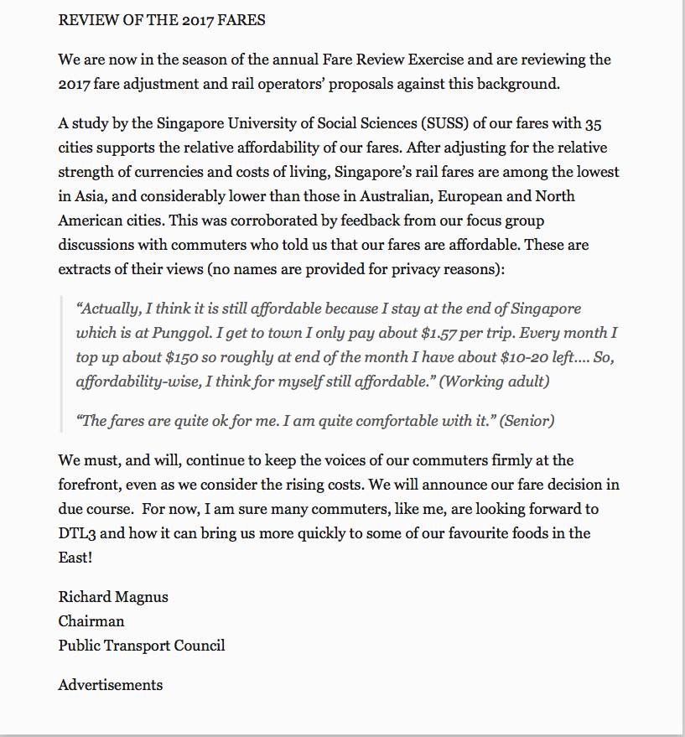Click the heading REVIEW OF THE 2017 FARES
coord(162,20)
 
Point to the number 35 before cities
coord(590,124)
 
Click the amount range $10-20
coord(498,357)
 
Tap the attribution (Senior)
coord(527,421)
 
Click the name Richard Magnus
coord(113,598)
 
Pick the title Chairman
coord(91,621)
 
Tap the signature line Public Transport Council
coord(142,646)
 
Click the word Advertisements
coord(111,685)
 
